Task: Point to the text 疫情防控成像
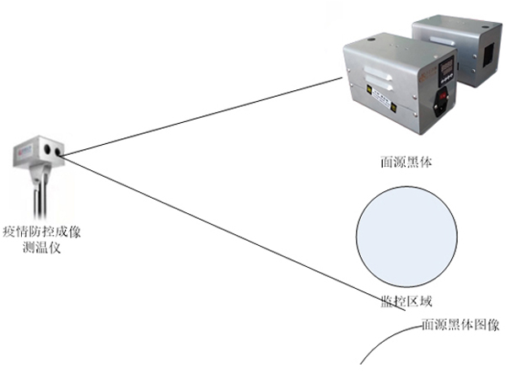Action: [x=42, y=230]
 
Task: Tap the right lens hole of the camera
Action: [x=57, y=151]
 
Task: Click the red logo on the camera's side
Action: [x=23, y=152]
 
